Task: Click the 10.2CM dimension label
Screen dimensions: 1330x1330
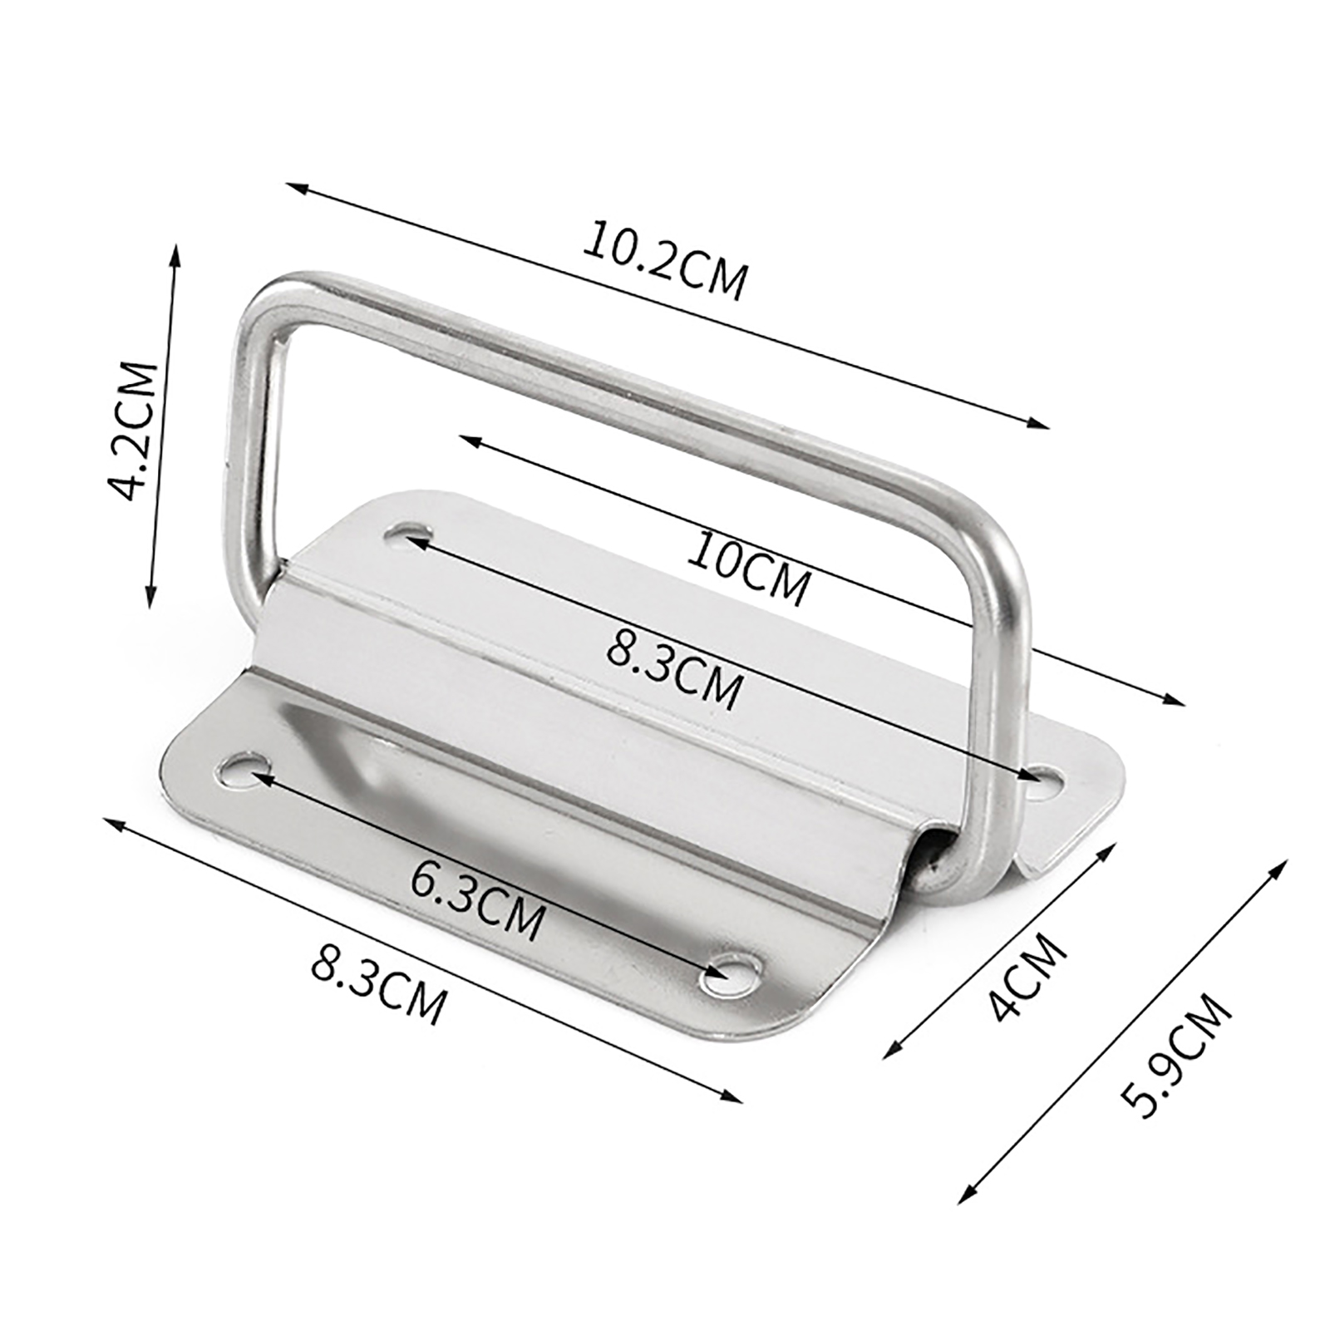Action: click(x=664, y=259)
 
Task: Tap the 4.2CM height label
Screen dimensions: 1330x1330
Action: click(x=136, y=431)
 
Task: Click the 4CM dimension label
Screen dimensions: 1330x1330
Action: click(x=1027, y=978)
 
